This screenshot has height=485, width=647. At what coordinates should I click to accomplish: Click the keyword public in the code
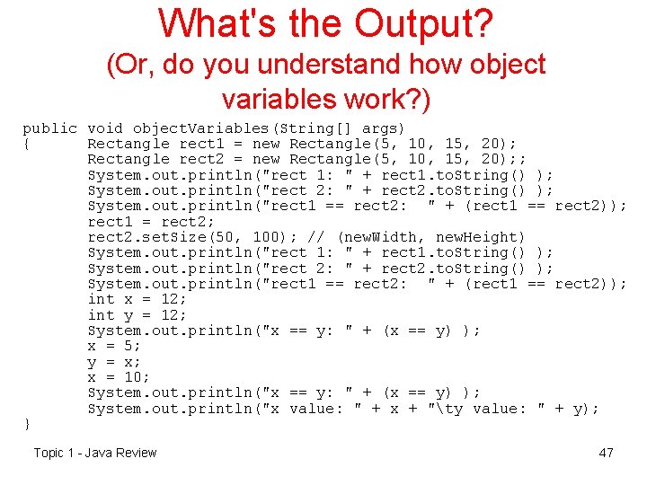pos(49,128)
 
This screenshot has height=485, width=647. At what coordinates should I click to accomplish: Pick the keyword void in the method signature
pos(106,128)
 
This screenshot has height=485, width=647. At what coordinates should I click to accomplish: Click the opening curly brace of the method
pos(27,144)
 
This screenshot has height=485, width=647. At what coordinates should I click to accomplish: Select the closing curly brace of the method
pos(27,423)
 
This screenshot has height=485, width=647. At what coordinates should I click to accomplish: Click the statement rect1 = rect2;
pos(138,221)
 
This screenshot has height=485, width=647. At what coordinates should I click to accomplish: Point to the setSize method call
pos(174,237)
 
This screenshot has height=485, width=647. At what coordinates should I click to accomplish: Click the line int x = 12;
pos(138,299)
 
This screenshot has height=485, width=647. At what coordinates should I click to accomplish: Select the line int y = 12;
pos(138,314)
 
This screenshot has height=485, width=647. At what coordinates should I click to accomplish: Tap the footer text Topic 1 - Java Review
pos(95,453)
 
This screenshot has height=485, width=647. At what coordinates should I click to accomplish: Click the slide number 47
pos(606,453)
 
